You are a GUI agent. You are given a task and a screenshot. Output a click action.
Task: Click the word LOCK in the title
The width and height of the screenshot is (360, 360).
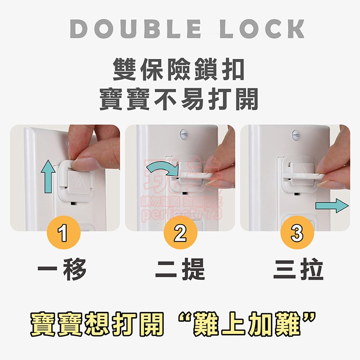coord(262,29)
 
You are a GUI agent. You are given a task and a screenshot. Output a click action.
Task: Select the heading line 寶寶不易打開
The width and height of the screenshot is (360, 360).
coord(179,99)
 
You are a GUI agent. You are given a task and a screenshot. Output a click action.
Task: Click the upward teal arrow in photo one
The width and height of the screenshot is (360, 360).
coord(47,177)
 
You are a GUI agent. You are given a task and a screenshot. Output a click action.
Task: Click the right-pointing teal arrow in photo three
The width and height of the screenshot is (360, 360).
coord(332,205)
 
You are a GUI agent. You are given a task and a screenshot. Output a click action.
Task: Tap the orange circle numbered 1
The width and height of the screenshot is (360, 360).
coord(63,234)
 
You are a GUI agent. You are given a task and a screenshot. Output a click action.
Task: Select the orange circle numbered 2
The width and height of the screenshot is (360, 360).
coord(180,234)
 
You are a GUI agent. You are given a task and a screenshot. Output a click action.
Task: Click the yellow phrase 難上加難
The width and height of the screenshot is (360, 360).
coord(252,325)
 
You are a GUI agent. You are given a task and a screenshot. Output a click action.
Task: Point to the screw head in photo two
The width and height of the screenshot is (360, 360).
coord(183,134)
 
